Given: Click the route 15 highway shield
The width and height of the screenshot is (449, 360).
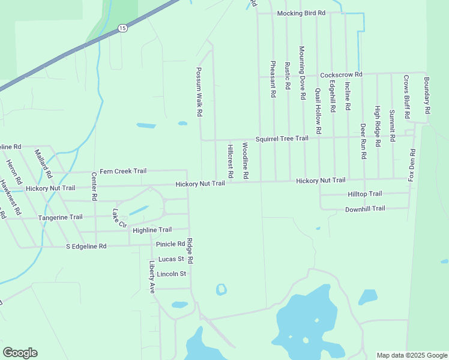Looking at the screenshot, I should [x=122, y=28].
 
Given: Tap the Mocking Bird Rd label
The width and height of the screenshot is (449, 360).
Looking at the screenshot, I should [x=301, y=13].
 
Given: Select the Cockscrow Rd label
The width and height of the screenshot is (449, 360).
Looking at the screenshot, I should [x=341, y=74].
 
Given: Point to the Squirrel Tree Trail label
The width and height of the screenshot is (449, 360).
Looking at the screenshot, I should [x=282, y=138].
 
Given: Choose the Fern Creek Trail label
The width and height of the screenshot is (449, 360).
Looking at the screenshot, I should [x=123, y=171].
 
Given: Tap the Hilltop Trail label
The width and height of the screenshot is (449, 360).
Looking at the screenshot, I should [x=364, y=194].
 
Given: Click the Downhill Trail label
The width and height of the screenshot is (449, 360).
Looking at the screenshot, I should [x=364, y=209].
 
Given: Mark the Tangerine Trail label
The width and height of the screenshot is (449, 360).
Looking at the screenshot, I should [x=60, y=217].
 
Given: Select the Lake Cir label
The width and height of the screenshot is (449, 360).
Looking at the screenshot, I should [x=119, y=218].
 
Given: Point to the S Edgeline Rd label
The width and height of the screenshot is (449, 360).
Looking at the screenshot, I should [x=86, y=246].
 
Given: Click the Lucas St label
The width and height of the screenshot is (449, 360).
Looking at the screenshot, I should [x=170, y=259].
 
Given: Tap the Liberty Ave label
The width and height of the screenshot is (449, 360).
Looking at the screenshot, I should [x=152, y=277].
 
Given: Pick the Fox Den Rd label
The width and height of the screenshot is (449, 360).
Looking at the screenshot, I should [x=412, y=166].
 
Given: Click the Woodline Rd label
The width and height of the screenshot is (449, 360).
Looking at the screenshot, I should [x=246, y=161].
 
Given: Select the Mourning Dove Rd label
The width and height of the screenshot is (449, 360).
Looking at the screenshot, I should [x=302, y=67].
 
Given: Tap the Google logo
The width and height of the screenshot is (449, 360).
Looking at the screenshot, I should [x=20, y=353].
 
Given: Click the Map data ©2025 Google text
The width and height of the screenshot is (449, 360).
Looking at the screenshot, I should [x=411, y=355].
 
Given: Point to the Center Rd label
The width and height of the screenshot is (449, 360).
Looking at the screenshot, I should [x=94, y=187].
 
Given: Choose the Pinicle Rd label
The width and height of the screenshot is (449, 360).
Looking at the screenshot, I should [x=170, y=244].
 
